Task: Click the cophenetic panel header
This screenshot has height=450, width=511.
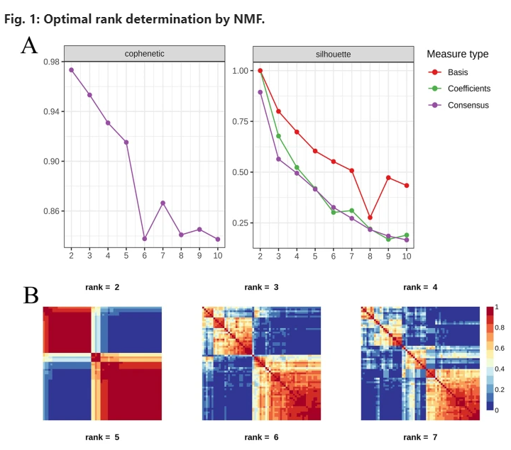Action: point(145,53)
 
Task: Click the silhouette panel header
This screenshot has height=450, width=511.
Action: point(333,53)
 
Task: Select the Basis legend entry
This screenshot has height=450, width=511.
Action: point(457,72)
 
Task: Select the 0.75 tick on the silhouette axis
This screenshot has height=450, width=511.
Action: point(241,121)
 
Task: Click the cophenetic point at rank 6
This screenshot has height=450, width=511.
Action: point(145,239)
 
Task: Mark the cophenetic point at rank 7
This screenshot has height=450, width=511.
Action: point(163,203)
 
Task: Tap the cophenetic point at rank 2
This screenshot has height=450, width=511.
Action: point(71,69)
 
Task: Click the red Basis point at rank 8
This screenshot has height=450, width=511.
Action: point(370,218)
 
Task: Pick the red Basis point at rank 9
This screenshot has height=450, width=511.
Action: point(388,178)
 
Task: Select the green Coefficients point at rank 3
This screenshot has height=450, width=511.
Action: point(279,136)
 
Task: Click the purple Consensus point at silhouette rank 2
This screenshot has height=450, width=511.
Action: point(260,92)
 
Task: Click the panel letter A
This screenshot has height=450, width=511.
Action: point(29,46)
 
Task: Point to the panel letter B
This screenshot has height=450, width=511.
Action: point(31,295)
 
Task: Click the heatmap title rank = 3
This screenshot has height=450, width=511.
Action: point(262,288)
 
